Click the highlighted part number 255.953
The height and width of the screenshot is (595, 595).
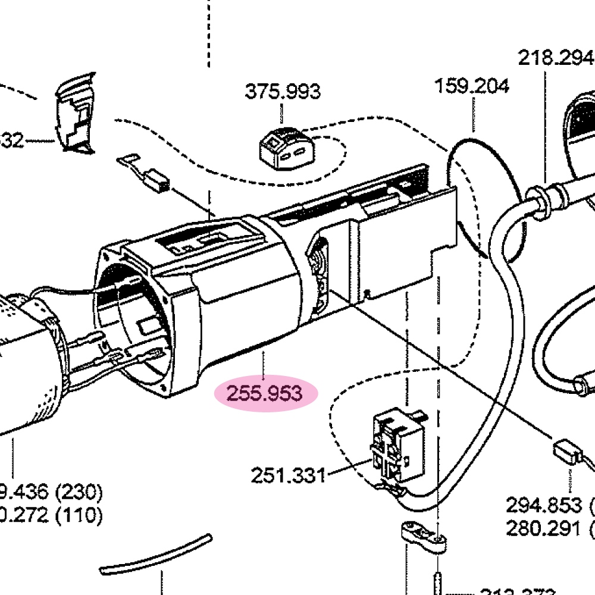tap(267, 393)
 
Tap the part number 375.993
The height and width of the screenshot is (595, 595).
tap(282, 92)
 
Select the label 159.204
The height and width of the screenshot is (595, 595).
tap(472, 86)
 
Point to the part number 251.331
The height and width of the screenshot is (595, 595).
tap(288, 475)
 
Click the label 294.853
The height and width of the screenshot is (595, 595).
tap(543, 505)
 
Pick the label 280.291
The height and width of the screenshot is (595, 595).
tap(543, 528)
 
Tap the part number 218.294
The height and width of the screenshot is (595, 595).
tap(556, 58)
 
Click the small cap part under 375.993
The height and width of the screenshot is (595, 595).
tap(285, 146)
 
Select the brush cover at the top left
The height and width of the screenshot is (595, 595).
tap(76, 113)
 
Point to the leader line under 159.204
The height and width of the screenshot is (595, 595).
tap(474, 114)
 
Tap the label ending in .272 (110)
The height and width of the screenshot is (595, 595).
tap(51, 515)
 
